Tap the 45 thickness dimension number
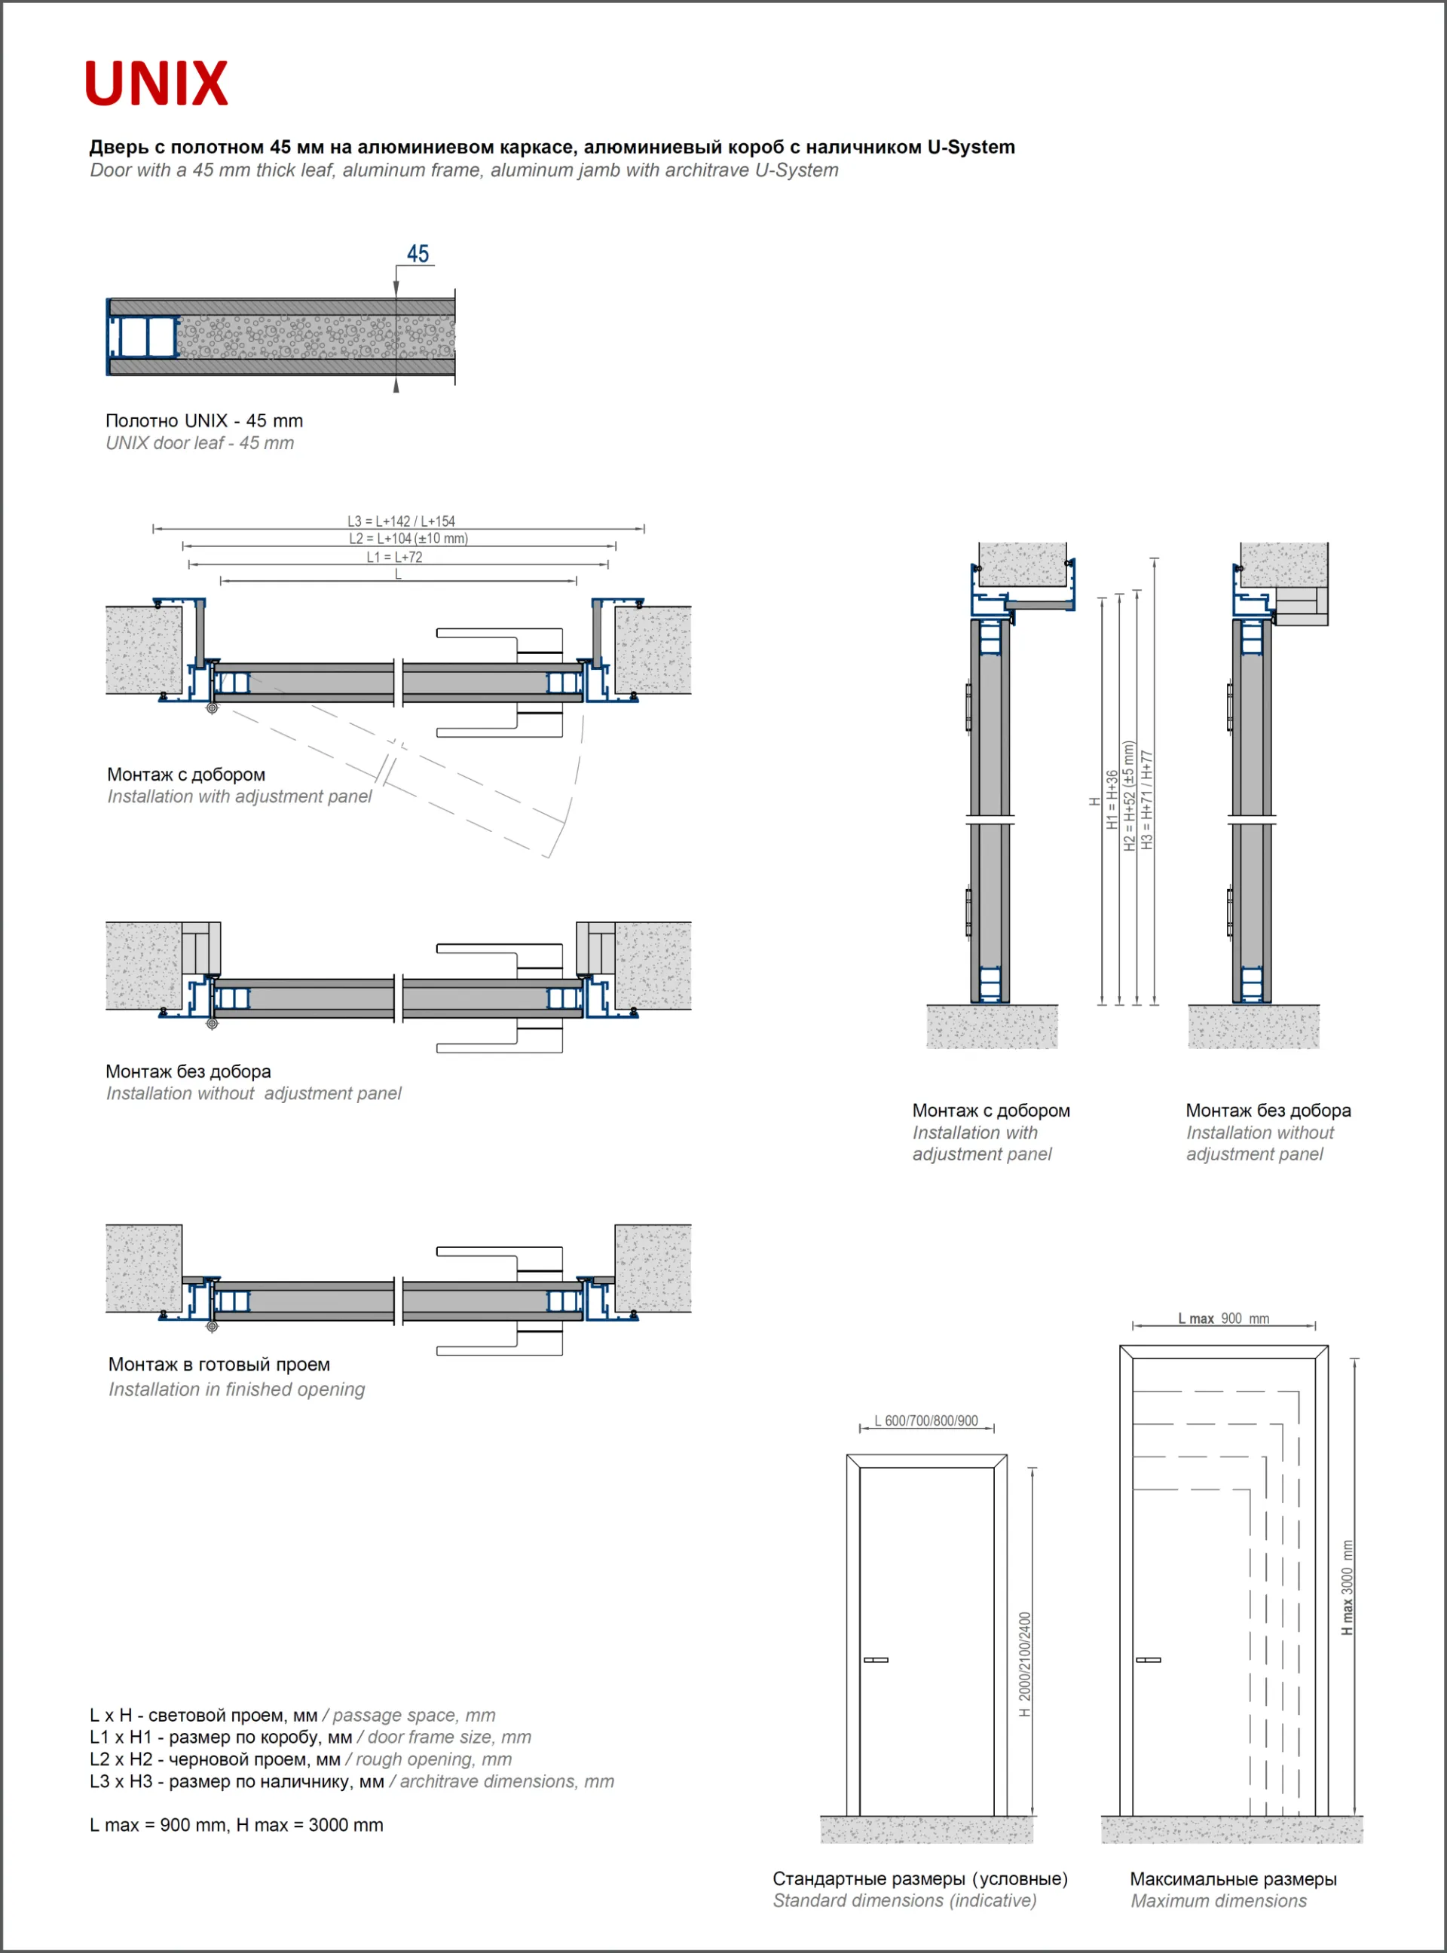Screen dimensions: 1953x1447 tap(418, 254)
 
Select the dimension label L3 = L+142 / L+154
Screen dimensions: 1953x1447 tap(401, 521)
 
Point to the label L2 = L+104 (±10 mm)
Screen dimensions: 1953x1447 tap(408, 539)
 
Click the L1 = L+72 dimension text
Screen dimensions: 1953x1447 tap(394, 557)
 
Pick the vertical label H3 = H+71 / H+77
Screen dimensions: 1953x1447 tap(1148, 799)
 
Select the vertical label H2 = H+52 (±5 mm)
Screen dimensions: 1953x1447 tap(1129, 795)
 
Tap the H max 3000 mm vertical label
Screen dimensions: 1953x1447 tap(1348, 1587)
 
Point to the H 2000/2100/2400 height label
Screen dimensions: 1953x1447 tap(1025, 1664)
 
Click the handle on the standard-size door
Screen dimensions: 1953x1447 tap(876, 1660)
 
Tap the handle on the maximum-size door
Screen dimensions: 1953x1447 tap(1148, 1660)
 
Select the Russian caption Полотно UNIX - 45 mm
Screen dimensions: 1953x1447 tap(204, 420)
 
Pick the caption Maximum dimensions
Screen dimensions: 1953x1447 tap(1219, 1900)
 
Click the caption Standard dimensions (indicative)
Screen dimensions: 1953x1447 tap(904, 1900)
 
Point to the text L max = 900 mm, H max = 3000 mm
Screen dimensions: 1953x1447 tap(237, 1825)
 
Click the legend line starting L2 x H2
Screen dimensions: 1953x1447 tap(301, 1759)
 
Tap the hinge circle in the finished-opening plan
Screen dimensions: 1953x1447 tap(212, 1327)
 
